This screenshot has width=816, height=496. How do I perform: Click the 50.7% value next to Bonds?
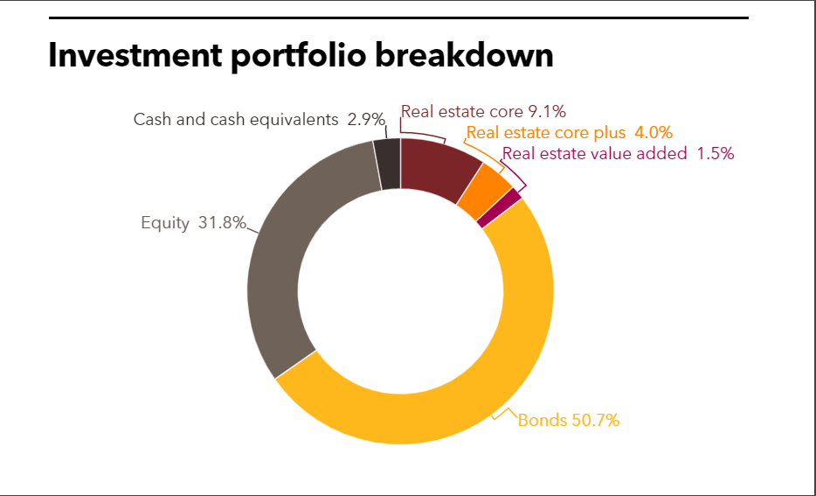(595, 420)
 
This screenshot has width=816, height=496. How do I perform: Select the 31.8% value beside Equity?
(222, 223)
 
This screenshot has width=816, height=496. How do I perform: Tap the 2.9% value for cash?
(366, 120)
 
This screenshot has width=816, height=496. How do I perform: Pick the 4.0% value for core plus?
(653, 133)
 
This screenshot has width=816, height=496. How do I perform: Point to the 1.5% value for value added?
(715, 154)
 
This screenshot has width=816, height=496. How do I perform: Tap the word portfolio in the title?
(318, 55)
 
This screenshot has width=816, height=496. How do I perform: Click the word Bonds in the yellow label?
(543, 420)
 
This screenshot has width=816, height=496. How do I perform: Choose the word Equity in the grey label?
(165, 223)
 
